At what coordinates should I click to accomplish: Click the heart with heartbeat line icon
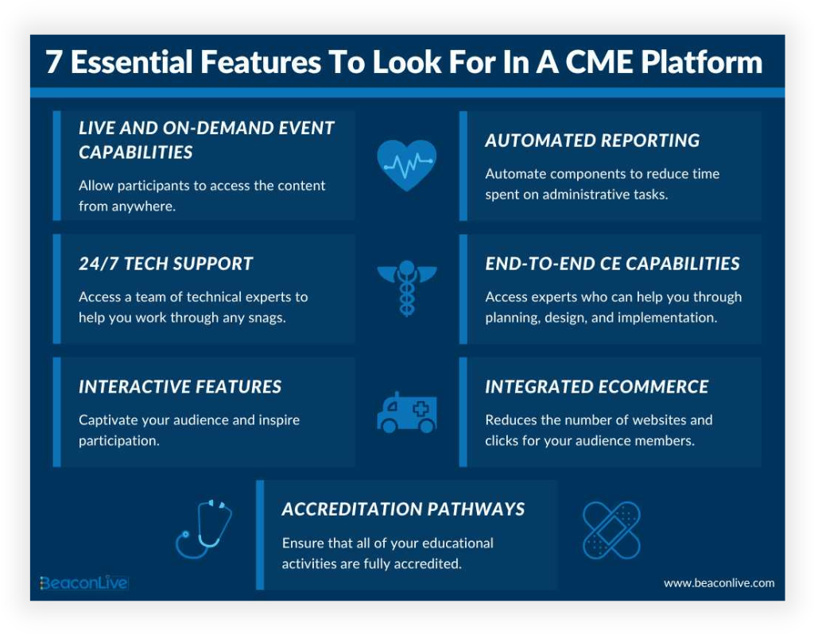406,164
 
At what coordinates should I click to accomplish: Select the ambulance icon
406,412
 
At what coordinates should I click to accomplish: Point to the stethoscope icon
203,528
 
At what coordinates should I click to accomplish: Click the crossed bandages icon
610,530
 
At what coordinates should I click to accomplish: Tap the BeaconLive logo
83,583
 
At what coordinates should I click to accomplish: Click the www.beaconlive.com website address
719,583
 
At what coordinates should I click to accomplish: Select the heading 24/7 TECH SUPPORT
165,264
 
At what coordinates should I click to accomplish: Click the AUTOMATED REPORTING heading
592,141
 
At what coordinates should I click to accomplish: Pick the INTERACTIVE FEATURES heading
180,387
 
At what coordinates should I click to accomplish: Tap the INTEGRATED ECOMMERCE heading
596,387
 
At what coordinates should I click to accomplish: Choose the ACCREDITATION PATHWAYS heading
403,509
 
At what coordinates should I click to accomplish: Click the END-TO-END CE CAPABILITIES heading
612,264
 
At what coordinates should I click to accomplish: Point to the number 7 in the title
54,63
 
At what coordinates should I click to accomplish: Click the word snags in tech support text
266,317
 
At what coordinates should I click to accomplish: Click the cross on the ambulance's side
421,408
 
